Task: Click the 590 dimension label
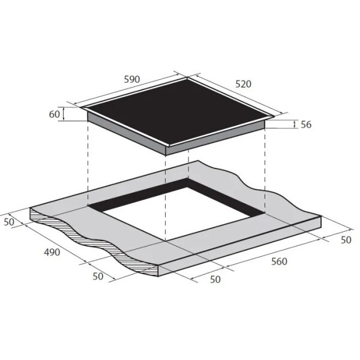(132, 79)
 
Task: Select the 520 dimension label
(244, 84)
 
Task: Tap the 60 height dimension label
(54, 114)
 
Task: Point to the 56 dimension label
(306, 124)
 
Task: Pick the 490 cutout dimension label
(52, 252)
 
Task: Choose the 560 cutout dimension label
(279, 262)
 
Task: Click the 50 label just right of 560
(346, 240)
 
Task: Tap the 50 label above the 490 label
(9, 222)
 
